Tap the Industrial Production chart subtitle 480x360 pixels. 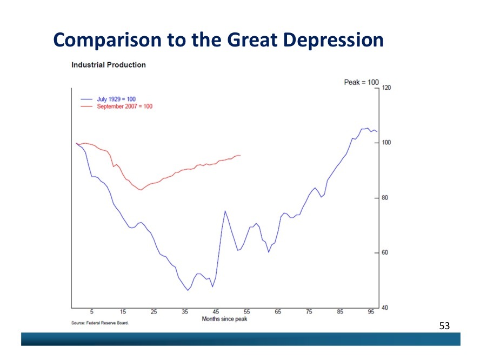108,65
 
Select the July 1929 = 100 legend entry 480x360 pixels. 116,99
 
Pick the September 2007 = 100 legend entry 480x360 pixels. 124,106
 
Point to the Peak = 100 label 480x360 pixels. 361,82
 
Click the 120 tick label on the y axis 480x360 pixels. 386,88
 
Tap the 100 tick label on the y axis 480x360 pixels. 386,143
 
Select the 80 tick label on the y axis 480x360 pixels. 385,198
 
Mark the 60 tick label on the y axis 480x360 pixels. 385,253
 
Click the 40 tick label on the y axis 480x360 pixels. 385,308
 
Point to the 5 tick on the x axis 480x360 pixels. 92,312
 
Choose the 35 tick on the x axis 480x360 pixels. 185,312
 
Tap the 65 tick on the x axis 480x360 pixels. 278,312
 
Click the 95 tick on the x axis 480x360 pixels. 371,312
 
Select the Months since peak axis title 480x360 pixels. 224,319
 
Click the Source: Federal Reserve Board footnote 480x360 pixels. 100,323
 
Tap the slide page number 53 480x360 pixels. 444,325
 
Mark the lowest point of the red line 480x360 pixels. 141,190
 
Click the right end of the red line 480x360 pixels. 241,156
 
